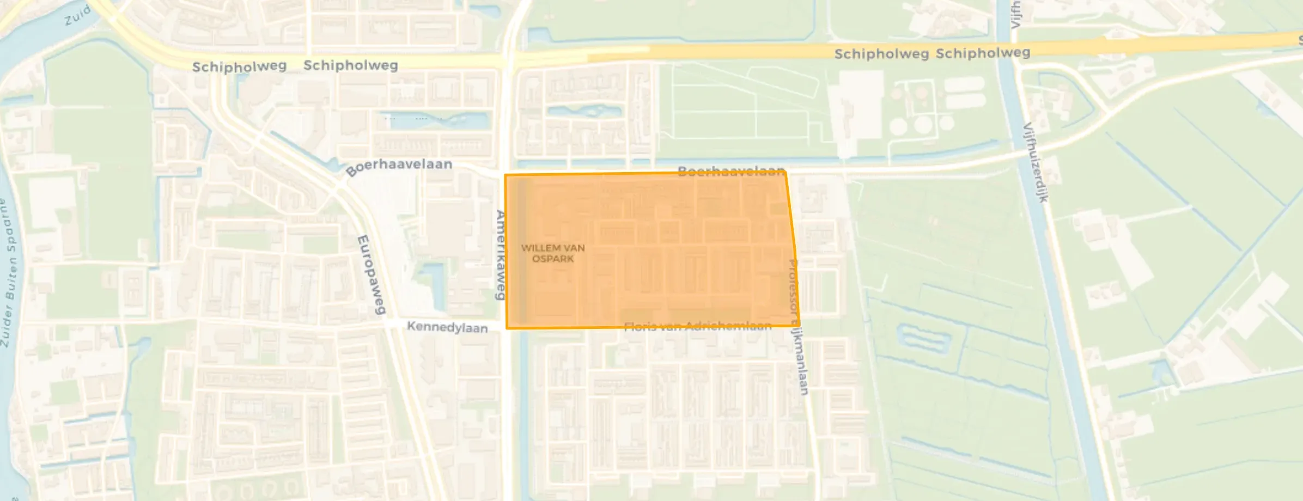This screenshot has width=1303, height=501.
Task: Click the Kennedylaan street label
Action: click(447, 327)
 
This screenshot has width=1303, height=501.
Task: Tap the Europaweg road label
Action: click(372, 274)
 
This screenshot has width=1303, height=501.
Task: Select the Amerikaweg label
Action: click(500, 255)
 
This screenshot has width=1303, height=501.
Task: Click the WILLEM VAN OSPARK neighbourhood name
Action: click(553, 253)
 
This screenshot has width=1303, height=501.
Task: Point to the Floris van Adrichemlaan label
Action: click(698, 326)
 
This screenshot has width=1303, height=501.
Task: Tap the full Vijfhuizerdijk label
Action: click(1036, 162)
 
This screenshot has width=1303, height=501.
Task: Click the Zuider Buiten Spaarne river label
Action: click(8, 272)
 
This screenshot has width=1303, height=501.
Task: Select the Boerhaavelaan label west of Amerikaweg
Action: click(399, 166)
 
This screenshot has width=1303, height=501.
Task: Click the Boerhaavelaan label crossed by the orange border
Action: click(731, 172)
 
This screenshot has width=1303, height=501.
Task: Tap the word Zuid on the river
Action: click(77, 17)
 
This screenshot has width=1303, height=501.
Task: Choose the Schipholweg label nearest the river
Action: click(239, 67)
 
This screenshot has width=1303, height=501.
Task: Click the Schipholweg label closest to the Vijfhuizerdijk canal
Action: click(983, 53)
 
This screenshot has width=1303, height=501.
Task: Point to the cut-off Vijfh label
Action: click(1015, 14)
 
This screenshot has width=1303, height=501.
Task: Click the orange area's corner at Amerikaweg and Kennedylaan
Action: click(507, 328)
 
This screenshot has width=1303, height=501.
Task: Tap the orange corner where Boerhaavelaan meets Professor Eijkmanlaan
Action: click(786, 172)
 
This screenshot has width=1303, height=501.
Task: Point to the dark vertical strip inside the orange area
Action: click(521, 250)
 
